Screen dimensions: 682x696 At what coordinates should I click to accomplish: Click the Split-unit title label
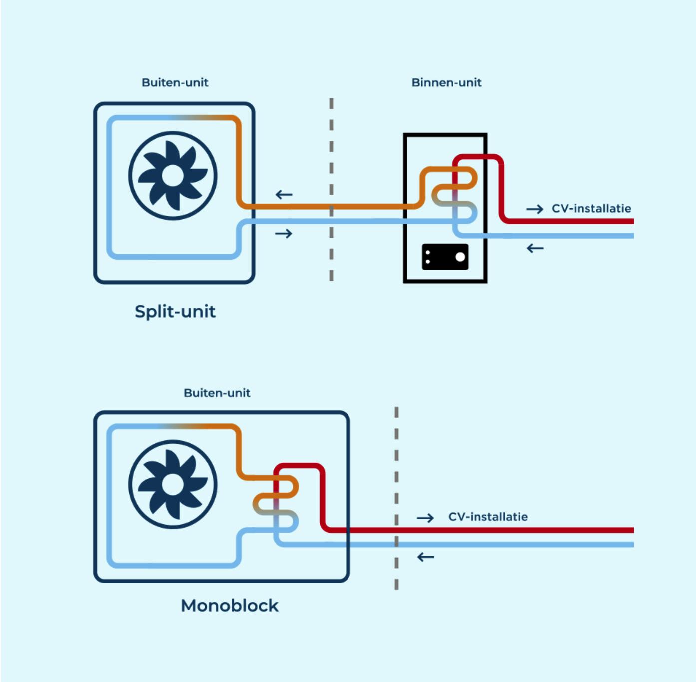point(175,311)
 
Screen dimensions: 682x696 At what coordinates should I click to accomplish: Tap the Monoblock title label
point(229,605)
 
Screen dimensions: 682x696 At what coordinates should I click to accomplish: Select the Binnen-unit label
point(446,82)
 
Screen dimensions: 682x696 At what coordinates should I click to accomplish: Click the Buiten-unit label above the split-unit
point(175,82)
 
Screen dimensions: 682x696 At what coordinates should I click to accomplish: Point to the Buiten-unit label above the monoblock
point(217,393)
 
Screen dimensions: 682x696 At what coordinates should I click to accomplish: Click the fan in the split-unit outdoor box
point(173,175)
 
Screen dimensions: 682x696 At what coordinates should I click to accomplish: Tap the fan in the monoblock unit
point(173,484)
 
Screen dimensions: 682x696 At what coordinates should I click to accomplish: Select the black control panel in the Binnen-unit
point(444,257)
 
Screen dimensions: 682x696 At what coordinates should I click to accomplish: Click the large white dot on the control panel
point(460,257)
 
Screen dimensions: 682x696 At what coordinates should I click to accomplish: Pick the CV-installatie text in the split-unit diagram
point(591,208)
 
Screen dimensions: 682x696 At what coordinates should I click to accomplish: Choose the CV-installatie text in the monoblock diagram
point(488,517)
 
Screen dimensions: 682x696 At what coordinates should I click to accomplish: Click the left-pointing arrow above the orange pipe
point(284,194)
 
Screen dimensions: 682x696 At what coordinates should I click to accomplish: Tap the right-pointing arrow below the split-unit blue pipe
point(284,233)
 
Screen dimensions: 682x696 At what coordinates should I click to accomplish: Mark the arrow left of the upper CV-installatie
point(534,209)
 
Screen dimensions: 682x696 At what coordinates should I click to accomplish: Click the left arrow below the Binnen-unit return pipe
point(535,248)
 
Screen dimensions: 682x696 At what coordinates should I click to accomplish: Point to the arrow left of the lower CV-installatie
point(425,518)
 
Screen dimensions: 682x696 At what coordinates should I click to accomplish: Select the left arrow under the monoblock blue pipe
point(425,557)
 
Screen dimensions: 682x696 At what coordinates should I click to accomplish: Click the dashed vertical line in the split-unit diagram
point(331,190)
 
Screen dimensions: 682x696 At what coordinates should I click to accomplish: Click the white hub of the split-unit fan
point(173,175)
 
